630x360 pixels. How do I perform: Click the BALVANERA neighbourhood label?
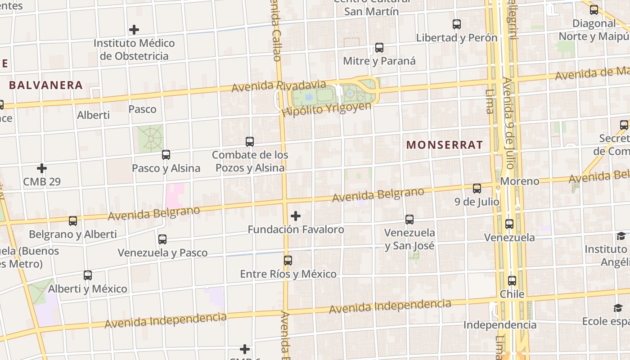click(x=46, y=85)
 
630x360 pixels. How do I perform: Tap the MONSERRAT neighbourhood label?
click(x=445, y=145)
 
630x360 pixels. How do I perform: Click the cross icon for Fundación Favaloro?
click(x=296, y=216)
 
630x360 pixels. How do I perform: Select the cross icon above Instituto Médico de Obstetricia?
click(x=134, y=30)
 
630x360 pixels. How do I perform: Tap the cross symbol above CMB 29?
click(x=42, y=169)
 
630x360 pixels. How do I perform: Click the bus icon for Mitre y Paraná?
click(x=379, y=48)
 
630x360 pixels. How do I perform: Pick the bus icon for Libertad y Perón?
click(x=457, y=24)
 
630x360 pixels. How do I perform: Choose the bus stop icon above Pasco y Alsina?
click(x=166, y=155)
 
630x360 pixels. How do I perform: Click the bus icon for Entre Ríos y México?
click(x=288, y=261)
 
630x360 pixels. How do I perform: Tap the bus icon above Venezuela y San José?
click(x=409, y=220)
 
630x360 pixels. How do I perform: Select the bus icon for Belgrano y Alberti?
click(x=73, y=221)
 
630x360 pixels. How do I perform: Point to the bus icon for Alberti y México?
click(x=88, y=275)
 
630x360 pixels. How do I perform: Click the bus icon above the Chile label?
click(x=512, y=281)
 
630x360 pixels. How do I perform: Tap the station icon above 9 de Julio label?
click(x=477, y=189)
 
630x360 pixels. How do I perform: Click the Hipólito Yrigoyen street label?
click(x=327, y=108)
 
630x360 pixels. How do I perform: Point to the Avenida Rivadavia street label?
click(x=279, y=85)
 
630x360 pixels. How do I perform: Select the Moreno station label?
click(x=520, y=181)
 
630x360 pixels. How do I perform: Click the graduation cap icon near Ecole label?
click(x=618, y=308)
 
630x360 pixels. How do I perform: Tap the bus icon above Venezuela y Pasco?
click(x=162, y=239)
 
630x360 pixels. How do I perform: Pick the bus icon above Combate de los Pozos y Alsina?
click(x=250, y=142)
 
